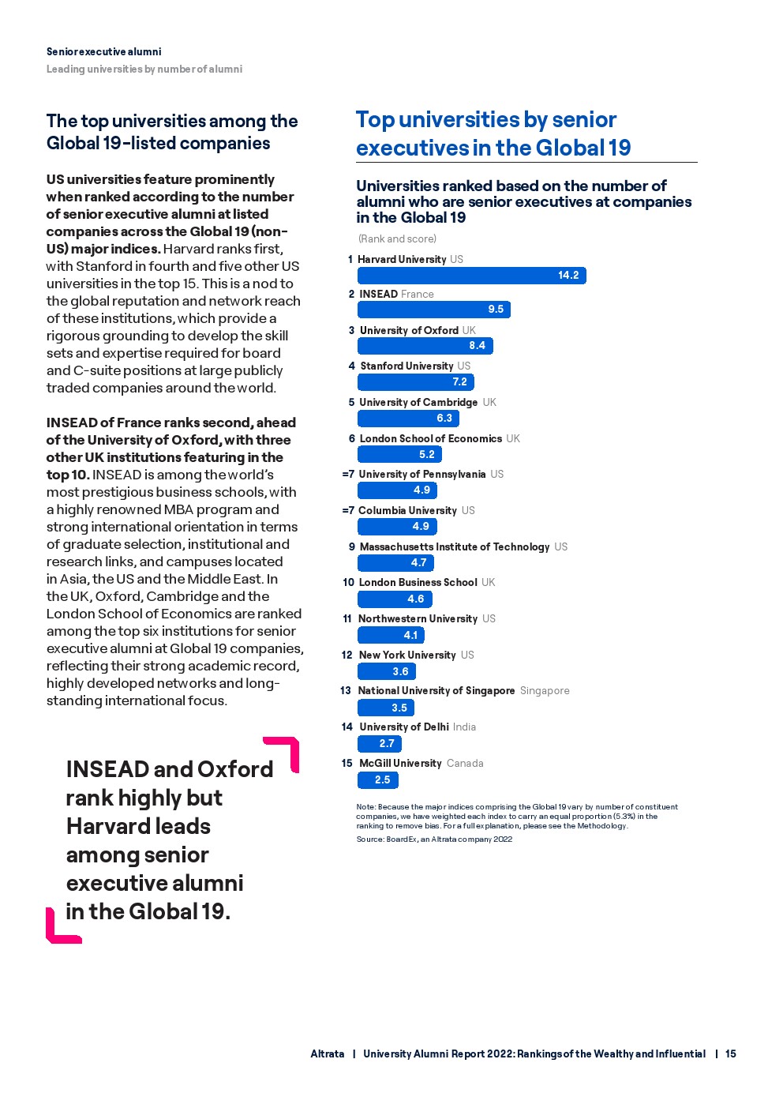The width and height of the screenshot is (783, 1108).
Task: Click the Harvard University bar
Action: [471, 275]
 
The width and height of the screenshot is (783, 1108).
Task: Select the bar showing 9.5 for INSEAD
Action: [433, 310]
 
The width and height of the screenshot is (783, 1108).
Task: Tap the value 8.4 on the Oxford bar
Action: [477, 346]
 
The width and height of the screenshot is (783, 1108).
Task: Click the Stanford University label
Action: [406, 366]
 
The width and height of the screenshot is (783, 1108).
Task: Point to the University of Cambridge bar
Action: [408, 418]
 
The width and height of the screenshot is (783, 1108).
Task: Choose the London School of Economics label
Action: [430, 438]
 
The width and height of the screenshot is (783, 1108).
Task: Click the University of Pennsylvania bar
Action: [397, 490]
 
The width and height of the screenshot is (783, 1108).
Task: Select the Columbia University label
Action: [407, 511]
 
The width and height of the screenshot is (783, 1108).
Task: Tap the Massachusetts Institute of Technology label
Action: [454, 546]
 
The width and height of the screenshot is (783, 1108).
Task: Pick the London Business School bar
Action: [395, 599]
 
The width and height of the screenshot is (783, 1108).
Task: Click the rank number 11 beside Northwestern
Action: [347, 619]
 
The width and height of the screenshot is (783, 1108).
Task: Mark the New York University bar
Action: [386, 671]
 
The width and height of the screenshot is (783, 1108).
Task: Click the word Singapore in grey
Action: [545, 691]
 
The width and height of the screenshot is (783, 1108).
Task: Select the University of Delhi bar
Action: [380, 743]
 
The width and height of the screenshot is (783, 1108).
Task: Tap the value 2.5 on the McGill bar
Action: [383, 779]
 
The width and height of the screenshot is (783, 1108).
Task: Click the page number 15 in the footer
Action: [731, 1054]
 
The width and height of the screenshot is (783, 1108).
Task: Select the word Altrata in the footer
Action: [328, 1054]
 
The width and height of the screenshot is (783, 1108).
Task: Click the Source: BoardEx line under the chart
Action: [434, 839]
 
